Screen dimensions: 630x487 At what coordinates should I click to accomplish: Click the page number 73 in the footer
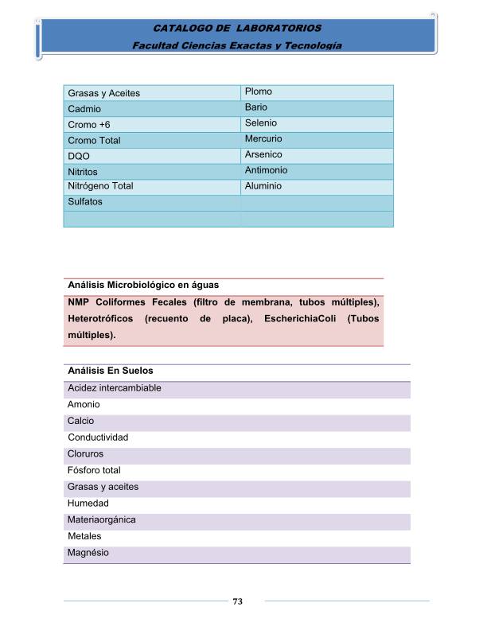pyautogui.click(x=237, y=601)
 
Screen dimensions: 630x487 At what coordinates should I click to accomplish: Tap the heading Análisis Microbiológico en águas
pyautogui.click(x=143, y=284)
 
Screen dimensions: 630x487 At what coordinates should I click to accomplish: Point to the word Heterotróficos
pyautogui.click(x=100, y=319)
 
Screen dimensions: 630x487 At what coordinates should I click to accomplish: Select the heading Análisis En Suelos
pyautogui.click(x=111, y=371)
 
